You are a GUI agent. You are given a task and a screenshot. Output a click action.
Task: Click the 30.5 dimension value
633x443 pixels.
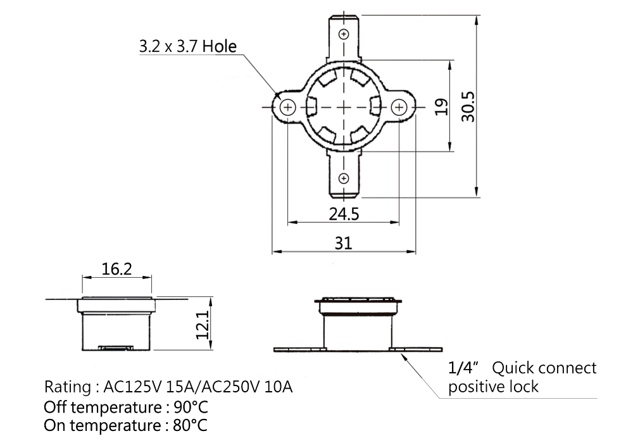(468, 106)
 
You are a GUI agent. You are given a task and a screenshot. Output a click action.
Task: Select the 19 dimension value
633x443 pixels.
(442, 106)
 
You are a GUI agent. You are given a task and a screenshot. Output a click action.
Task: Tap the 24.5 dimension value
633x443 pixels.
(344, 214)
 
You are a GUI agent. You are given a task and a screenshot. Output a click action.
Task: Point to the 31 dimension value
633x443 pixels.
(344, 243)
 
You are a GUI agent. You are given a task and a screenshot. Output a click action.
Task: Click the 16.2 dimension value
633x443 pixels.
(116, 269)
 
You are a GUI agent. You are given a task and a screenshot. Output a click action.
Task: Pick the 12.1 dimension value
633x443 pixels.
(203, 325)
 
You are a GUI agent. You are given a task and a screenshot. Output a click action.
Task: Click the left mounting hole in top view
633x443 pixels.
(288, 108)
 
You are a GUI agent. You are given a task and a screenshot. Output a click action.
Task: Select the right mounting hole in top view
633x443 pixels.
(399, 108)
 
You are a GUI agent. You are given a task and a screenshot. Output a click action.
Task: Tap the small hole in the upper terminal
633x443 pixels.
(344, 34)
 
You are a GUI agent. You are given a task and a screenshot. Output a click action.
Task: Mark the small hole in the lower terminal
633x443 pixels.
(344, 178)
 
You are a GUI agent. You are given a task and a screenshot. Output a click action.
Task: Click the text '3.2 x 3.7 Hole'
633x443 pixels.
(188, 46)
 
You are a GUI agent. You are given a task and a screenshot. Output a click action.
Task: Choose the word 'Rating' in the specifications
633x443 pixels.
(68, 387)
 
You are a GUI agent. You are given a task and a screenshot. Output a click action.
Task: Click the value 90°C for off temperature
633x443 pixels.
(191, 407)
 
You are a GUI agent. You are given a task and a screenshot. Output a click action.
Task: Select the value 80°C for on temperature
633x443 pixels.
(190, 425)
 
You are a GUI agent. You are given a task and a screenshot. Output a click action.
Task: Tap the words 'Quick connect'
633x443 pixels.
(544, 368)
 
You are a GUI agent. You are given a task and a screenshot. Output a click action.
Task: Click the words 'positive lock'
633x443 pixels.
(493, 387)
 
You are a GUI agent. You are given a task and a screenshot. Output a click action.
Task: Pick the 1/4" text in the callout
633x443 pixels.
(463, 368)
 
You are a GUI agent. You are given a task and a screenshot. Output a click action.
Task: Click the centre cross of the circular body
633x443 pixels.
(344, 108)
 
